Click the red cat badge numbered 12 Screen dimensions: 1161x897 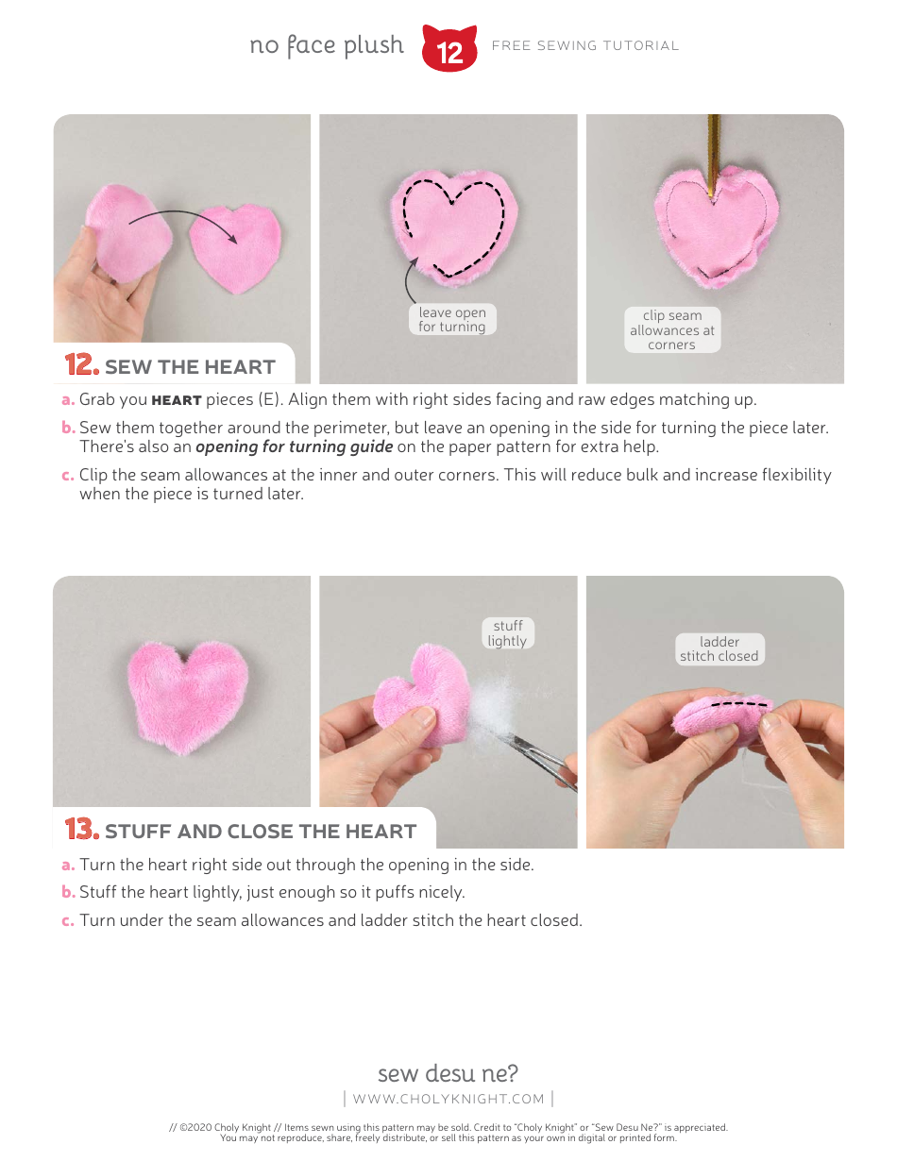click(x=449, y=49)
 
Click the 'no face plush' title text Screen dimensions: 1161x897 click(x=327, y=45)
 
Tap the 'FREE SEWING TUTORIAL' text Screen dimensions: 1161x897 click(x=585, y=45)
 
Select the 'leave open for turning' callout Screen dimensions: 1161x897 click(x=452, y=320)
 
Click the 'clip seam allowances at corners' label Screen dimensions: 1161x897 click(x=672, y=330)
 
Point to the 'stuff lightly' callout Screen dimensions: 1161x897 click(x=507, y=633)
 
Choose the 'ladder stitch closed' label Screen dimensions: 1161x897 click(x=719, y=648)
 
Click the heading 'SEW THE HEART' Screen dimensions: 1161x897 click(x=190, y=367)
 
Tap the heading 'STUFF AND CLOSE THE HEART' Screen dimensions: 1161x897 click(x=261, y=832)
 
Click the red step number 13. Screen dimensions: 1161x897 click(x=81, y=831)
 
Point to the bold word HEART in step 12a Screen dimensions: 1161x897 click(x=177, y=400)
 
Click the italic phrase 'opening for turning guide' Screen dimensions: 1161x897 click(x=294, y=446)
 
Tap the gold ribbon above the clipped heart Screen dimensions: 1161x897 click(x=715, y=146)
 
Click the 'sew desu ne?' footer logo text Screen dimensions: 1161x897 click(x=448, y=1073)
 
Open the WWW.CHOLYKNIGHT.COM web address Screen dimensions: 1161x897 click(x=448, y=1099)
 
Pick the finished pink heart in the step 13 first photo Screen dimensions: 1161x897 click(x=189, y=695)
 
